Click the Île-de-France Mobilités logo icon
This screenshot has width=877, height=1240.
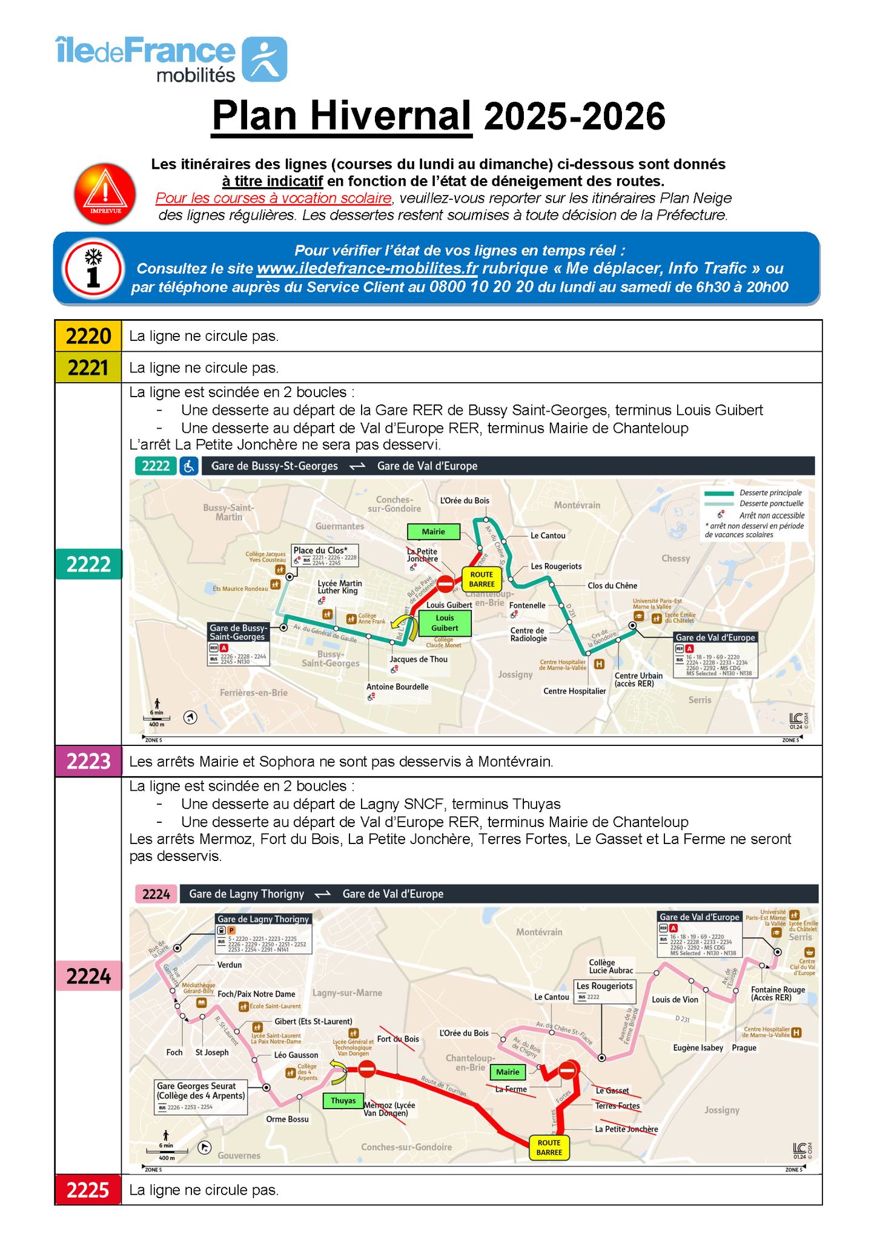(264, 59)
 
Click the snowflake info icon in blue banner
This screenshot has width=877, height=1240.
(93, 268)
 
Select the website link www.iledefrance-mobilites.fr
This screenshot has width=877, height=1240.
(367, 268)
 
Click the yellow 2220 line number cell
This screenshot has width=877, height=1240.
(88, 336)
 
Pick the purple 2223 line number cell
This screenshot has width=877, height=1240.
(88, 761)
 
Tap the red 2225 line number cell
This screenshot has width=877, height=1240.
(88, 1190)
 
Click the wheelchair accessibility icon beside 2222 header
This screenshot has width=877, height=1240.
(189, 466)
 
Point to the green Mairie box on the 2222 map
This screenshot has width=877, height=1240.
(433, 532)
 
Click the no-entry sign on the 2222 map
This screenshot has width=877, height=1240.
(445, 584)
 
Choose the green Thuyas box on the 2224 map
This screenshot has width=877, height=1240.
(343, 1100)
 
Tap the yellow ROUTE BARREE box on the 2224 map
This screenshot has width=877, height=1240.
(549, 1147)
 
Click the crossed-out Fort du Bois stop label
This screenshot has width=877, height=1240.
(398, 1039)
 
